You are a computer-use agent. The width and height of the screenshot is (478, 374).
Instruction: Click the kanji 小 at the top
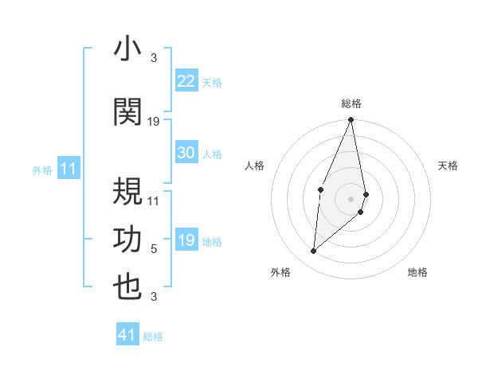click(127, 50)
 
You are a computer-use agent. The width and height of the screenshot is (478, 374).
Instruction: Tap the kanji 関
click(127, 112)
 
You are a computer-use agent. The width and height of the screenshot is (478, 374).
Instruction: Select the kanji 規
click(127, 189)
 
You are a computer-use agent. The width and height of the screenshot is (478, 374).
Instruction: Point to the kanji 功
click(127, 240)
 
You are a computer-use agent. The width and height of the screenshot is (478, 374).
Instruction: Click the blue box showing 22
click(186, 81)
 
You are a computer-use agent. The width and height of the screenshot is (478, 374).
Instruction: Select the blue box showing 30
click(186, 153)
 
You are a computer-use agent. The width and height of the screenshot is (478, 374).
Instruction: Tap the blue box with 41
click(127, 335)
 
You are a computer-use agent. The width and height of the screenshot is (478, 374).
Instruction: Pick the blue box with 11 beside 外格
click(68, 169)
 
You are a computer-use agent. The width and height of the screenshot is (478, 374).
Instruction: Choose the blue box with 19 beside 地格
click(186, 241)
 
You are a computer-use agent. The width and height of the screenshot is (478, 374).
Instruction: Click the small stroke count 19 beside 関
click(155, 121)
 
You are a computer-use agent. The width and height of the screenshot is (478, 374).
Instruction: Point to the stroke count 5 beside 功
click(154, 249)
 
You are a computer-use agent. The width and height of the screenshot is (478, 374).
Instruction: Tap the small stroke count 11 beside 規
click(154, 199)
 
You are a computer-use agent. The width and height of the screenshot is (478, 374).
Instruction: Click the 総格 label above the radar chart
click(351, 103)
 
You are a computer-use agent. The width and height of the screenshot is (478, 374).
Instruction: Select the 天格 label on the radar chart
click(449, 166)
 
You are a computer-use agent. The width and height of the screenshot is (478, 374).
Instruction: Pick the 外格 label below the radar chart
click(280, 272)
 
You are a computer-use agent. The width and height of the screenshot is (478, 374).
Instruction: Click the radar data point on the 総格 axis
click(351, 120)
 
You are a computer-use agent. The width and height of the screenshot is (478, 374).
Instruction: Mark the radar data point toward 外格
click(314, 251)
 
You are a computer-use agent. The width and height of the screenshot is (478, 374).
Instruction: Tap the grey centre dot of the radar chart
click(351, 198)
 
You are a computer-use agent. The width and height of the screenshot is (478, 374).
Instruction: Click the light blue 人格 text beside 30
click(212, 154)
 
